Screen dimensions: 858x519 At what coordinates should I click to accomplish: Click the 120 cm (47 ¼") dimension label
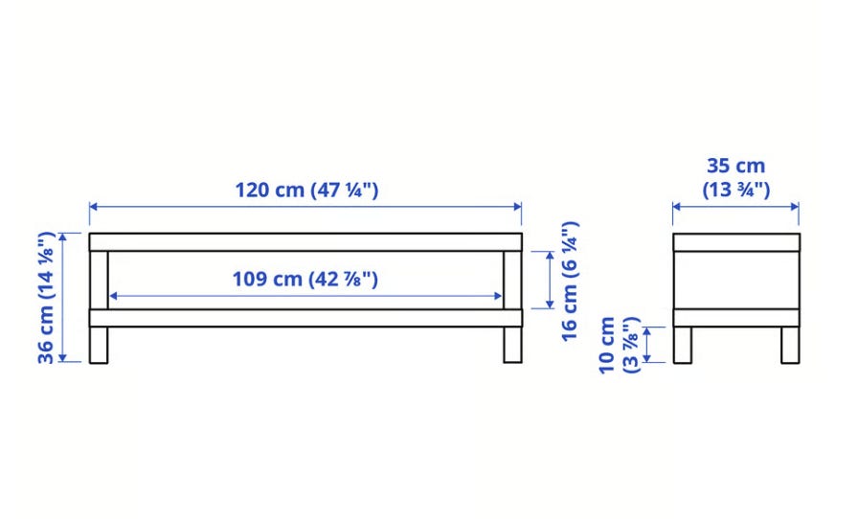(x=306, y=190)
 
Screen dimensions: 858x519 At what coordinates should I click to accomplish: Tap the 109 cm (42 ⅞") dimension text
(x=305, y=280)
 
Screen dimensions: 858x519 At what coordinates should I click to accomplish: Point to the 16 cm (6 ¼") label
(x=570, y=282)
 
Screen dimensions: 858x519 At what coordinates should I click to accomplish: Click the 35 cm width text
(x=736, y=166)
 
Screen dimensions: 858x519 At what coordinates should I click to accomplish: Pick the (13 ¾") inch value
(x=736, y=190)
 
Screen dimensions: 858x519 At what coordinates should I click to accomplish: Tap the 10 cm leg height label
(x=607, y=346)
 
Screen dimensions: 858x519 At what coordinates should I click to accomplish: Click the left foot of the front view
(x=99, y=345)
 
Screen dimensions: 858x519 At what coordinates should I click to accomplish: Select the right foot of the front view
(x=512, y=345)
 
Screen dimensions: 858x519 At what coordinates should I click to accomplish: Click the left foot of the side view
(x=683, y=345)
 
